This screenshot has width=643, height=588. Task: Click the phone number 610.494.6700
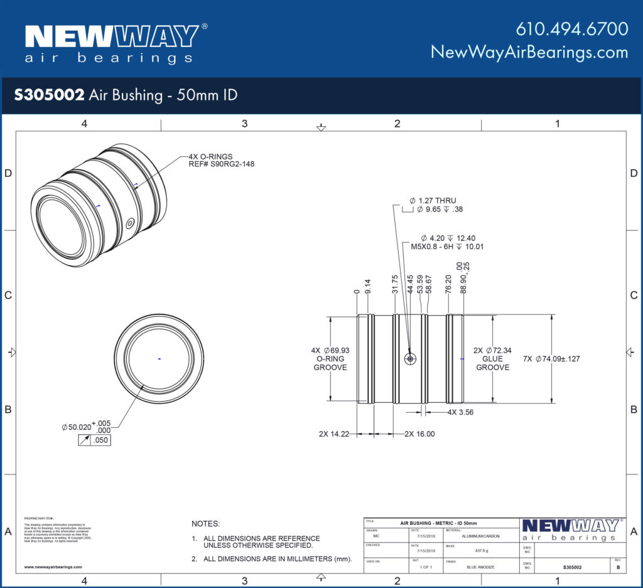point(571,29)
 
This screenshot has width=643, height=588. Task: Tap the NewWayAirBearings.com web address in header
point(529,52)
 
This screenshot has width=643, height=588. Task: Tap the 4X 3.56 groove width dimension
point(460,412)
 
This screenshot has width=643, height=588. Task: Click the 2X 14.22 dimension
point(335,434)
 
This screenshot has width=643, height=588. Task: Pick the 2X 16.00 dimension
point(419,434)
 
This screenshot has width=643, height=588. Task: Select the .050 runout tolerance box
point(99,441)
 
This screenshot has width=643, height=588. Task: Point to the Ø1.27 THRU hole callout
point(433,200)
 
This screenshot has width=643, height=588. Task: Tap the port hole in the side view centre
point(410,359)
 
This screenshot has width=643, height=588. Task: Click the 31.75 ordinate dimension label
point(394,284)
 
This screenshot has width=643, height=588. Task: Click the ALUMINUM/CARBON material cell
point(482,537)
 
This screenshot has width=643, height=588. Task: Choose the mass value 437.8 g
point(482,552)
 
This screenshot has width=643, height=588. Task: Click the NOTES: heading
point(206,523)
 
